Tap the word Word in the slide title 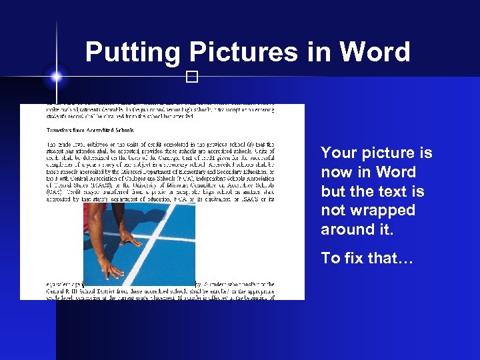[375, 52]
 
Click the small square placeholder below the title [193, 77]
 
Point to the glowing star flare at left [56, 77]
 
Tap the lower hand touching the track [110, 267]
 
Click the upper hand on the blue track [131, 237]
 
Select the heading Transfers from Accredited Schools [90, 131]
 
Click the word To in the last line [331, 258]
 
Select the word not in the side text [333, 211]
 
